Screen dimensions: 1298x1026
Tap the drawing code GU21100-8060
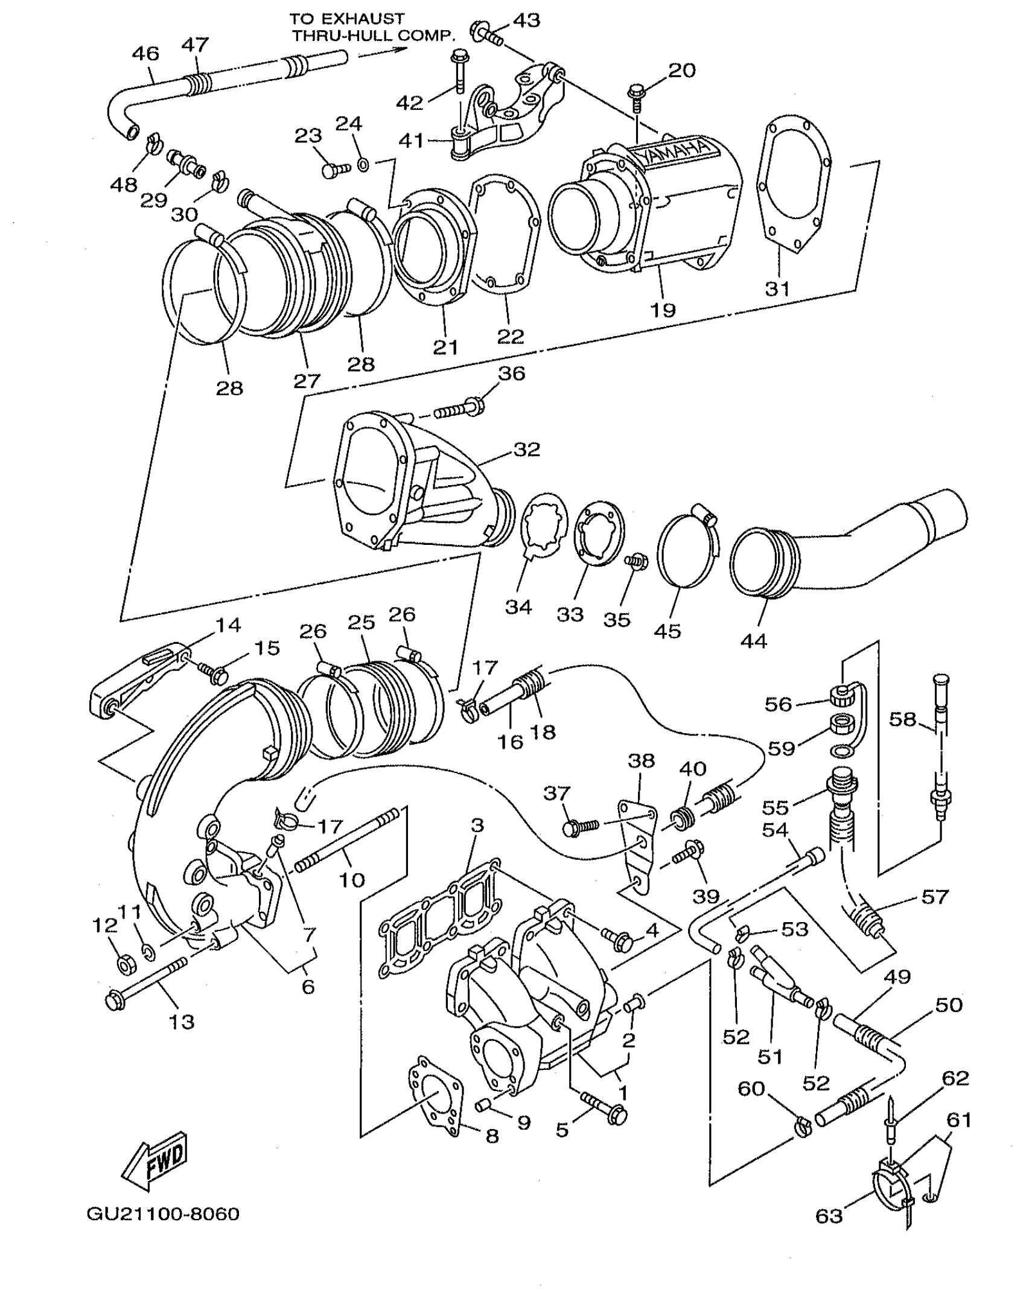[163, 1214]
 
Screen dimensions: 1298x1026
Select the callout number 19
[663, 310]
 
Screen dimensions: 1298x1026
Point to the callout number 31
[777, 288]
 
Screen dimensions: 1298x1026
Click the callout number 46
[145, 54]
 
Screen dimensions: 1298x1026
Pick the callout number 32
[526, 450]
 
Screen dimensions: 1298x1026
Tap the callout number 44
[753, 640]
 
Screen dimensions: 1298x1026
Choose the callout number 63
[829, 1215]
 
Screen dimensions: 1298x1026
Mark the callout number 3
[477, 824]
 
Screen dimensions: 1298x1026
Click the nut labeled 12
[124, 966]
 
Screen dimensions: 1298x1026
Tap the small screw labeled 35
[635, 562]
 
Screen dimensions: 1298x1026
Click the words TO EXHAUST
[346, 19]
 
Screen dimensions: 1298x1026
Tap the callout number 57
[935, 897]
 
